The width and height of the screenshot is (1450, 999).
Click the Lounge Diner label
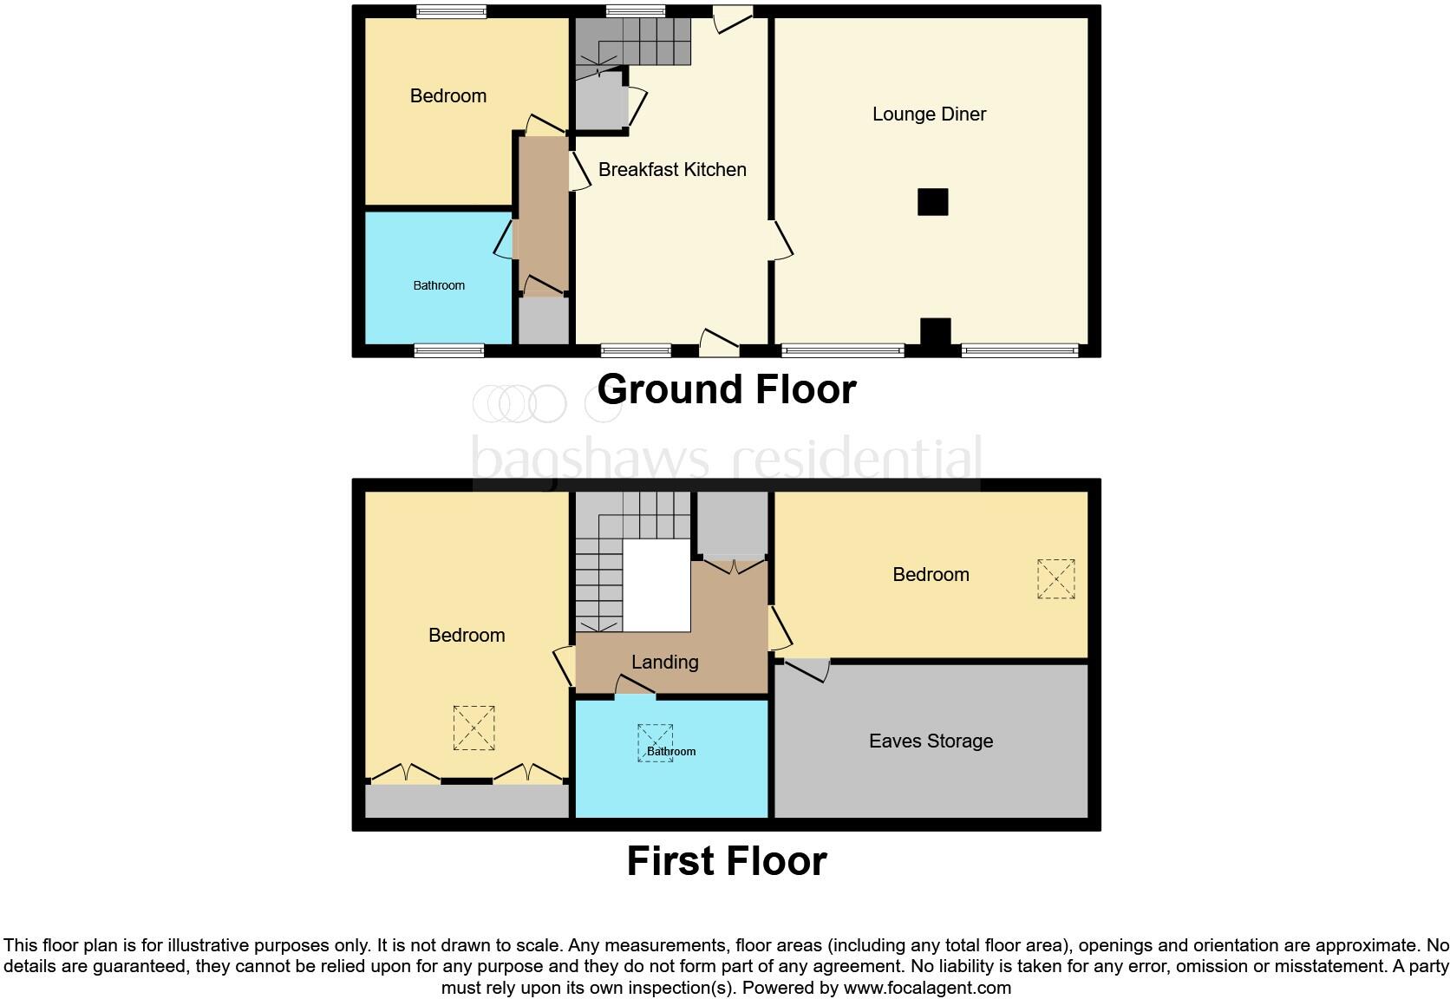tap(929, 114)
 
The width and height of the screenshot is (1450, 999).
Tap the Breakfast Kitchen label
tap(672, 170)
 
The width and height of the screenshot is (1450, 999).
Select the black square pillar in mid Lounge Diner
tap(933, 202)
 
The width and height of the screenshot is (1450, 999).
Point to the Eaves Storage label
tap(931, 741)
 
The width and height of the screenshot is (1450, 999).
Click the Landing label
tap(664, 663)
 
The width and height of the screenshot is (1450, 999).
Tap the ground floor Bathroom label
tap(439, 285)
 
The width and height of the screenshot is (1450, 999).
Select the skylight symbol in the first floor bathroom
tap(655, 742)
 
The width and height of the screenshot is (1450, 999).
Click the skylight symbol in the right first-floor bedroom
tap(1055, 578)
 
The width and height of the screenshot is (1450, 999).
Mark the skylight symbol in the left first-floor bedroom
tap(474, 728)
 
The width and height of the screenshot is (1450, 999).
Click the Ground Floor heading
tap(726, 389)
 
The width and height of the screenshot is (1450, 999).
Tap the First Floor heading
tap(726, 861)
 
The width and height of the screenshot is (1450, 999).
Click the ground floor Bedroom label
tap(447, 96)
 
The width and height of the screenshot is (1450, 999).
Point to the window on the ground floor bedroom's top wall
tap(450, 11)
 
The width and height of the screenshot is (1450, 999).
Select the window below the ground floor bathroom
tap(448, 350)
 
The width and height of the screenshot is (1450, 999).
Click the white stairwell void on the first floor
tap(656, 585)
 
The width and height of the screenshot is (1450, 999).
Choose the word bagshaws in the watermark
tap(590, 458)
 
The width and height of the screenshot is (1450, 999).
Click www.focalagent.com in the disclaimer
tap(926, 988)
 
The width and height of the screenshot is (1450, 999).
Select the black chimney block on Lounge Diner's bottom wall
tap(935, 334)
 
